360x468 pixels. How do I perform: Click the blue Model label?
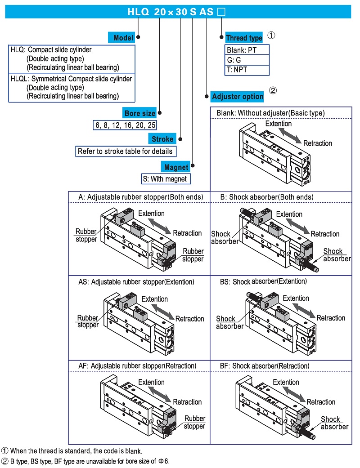122,38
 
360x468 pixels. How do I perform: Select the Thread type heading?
243,38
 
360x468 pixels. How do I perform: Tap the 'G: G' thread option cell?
247,60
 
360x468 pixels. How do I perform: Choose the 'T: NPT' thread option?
247,70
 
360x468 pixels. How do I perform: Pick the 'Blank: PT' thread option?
247,50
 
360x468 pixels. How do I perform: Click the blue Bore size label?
140,114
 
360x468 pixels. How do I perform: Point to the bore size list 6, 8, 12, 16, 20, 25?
125,125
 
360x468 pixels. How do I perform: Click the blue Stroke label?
162,139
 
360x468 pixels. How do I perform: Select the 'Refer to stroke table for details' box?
125,152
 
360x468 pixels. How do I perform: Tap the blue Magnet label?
176,167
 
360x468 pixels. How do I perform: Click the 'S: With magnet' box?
166,179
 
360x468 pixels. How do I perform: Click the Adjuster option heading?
237,97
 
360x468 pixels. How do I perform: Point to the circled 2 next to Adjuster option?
273,90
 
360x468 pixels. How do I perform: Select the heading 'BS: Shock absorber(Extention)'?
263,281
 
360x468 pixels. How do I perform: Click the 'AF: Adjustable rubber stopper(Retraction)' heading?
137,366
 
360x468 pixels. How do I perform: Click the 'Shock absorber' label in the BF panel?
334,423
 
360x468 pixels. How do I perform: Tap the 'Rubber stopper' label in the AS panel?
88,321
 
